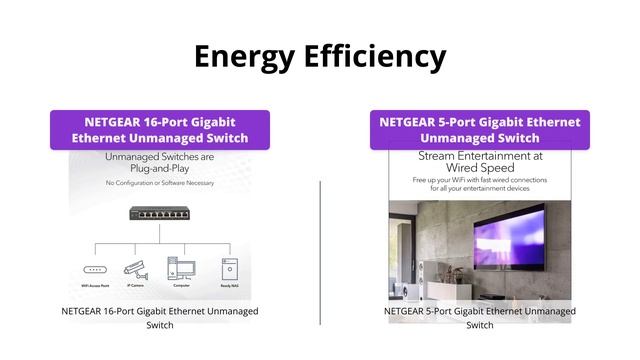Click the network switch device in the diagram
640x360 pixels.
coord(160,212)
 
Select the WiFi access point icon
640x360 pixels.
coord(94,269)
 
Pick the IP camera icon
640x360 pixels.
coord(135,268)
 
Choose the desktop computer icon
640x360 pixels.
coord(180,268)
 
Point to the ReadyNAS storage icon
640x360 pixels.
coord(230,268)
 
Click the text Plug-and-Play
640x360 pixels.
coord(160,170)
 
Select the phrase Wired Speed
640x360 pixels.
coord(480,169)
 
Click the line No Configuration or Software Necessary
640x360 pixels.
coord(160,184)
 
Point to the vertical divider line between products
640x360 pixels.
coord(320,250)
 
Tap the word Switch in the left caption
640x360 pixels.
coord(160,325)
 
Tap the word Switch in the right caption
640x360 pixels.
coord(480,325)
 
